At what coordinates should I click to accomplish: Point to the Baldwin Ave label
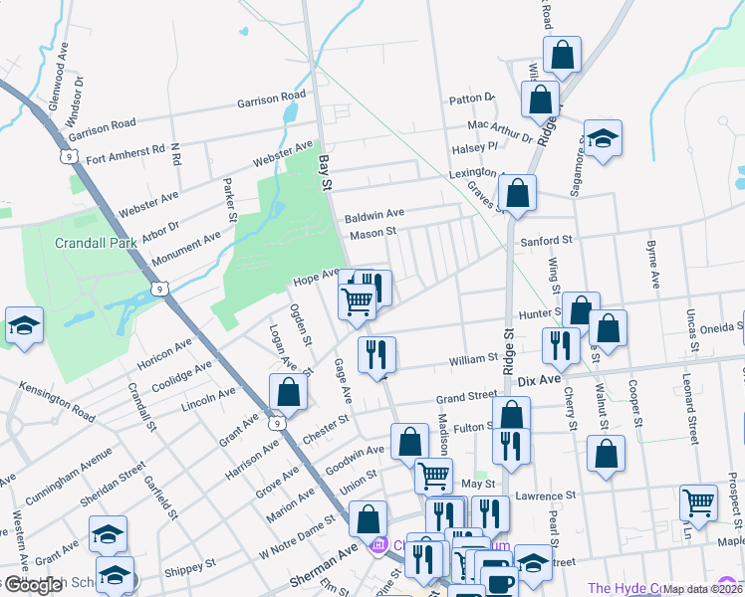point(374,215)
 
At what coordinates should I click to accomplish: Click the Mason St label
point(373,234)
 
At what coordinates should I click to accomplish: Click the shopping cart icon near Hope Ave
point(358,300)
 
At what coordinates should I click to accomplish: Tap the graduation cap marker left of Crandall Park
point(25,324)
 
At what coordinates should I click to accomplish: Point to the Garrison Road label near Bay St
point(271,99)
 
